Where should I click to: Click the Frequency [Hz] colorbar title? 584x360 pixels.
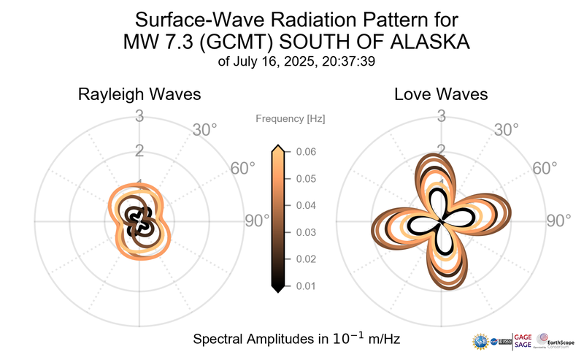291,118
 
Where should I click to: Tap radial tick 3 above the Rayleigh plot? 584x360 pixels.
139,115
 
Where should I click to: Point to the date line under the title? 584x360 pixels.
296,62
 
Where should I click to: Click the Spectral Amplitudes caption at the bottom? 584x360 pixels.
296,340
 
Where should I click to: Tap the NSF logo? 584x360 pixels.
481,342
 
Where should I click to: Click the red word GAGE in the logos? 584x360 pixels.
523,337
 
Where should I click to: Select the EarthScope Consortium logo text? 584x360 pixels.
560,342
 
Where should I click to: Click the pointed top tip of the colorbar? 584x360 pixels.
277,148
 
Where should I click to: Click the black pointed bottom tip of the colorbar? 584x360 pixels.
277,289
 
